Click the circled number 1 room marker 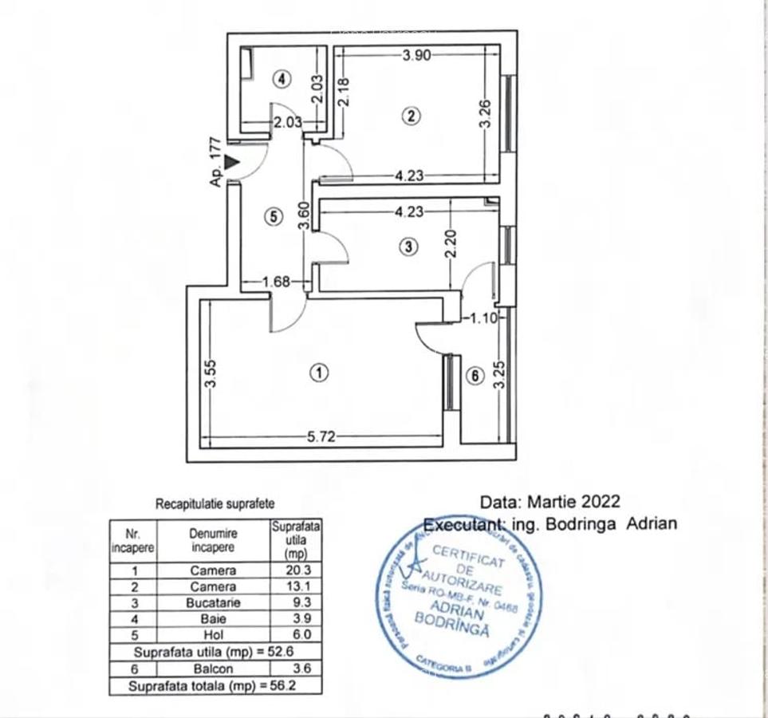click(319, 373)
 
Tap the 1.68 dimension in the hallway click(276, 282)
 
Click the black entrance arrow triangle click(232, 162)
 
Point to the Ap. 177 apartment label click(215, 162)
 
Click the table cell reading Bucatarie click(213, 603)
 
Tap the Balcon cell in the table click(213, 669)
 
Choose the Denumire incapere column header click(213, 540)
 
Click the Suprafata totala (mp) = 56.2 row click(215, 685)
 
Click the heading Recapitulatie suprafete click(215, 504)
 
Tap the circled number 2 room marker click(411, 116)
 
